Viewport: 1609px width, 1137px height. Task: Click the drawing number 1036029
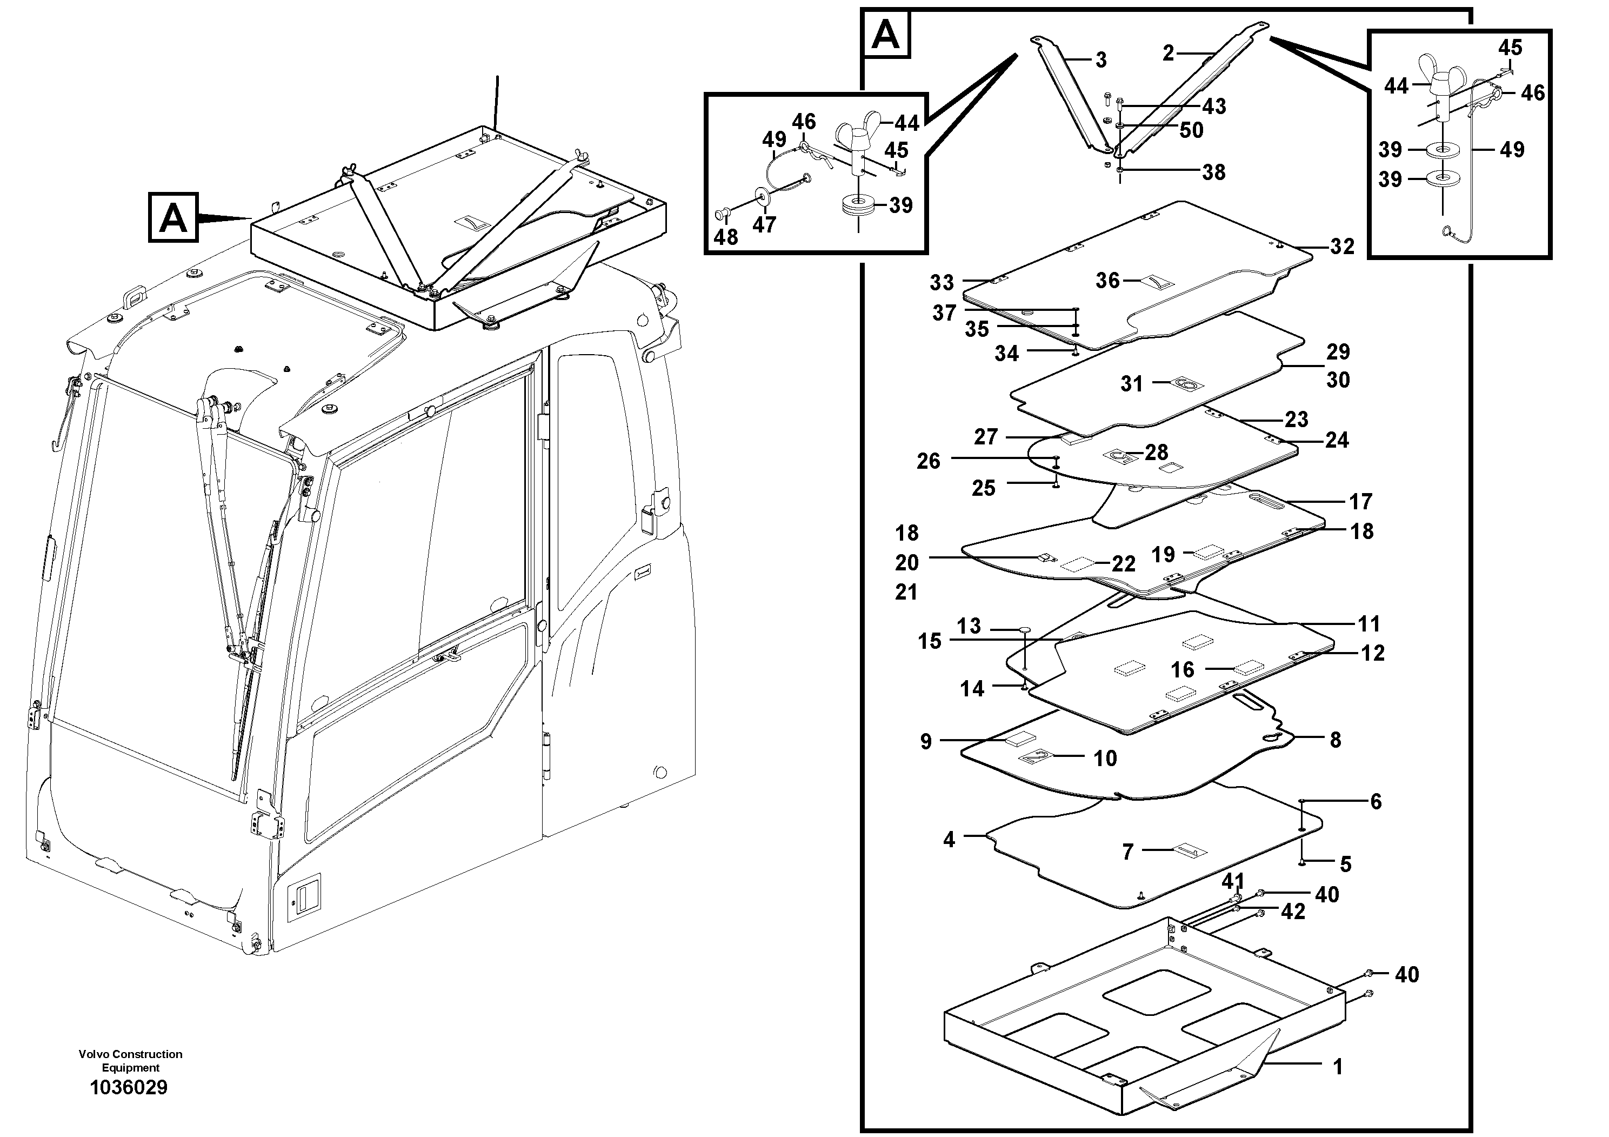(129, 1087)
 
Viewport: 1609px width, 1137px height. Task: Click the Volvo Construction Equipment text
(130, 1061)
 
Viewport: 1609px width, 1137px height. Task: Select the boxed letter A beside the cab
(173, 218)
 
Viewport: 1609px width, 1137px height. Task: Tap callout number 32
(1342, 247)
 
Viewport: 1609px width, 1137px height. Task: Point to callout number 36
(1108, 281)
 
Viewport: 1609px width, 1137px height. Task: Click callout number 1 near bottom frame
(1337, 1066)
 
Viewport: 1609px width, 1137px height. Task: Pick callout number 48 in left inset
(725, 237)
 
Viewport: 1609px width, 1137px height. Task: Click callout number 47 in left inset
(764, 224)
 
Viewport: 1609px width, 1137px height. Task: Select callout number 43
(1214, 107)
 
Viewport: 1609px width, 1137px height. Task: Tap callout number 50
(1191, 130)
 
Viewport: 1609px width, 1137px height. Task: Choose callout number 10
(1105, 758)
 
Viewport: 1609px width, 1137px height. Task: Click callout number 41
(1233, 880)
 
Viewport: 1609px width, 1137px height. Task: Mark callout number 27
(985, 437)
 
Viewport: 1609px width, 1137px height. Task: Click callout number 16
(1182, 669)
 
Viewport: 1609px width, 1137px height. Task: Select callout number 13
(969, 626)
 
